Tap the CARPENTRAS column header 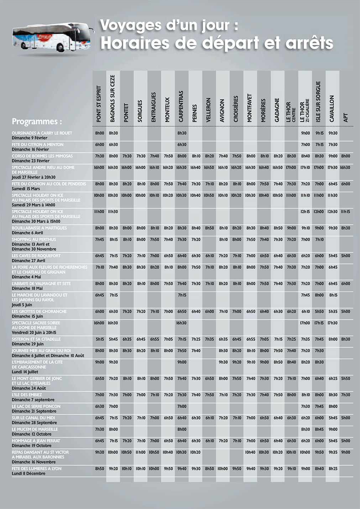click(x=181, y=106)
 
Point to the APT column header click(x=346, y=118)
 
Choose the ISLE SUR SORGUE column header click(x=318, y=101)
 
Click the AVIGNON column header click(x=223, y=111)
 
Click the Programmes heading click(x=37, y=121)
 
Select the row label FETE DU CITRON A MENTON click(x=37, y=145)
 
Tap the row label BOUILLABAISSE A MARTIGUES click(x=39, y=228)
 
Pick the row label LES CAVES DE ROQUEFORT click(x=36, y=256)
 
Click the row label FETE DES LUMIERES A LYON click(x=36, y=468)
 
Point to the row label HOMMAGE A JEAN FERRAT click(x=36, y=441)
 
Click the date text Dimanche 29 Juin click(x=27, y=344)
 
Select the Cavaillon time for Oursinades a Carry click(x=333, y=133)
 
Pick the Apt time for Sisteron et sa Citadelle click(x=345, y=339)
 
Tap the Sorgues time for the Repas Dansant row click(x=141, y=452)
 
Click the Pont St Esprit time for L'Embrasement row click(x=99, y=362)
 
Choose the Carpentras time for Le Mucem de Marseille click(x=182, y=429)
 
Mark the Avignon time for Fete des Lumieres click(x=223, y=468)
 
